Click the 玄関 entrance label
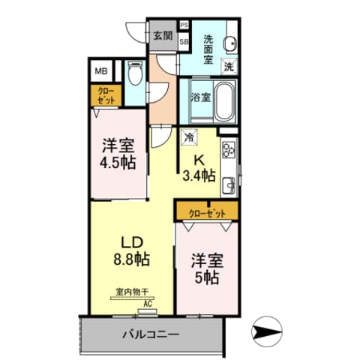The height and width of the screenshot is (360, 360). click(162, 35)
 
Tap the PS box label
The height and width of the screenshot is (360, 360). click(184, 25)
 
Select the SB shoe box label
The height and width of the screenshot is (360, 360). click(184, 42)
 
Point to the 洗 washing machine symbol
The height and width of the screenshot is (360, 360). click(229, 66)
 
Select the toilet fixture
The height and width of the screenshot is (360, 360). click(135, 74)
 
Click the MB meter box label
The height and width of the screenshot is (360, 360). click(100, 72)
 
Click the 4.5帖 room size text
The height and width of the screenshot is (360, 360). click(118, 162)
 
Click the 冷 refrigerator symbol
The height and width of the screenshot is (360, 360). click(190, 137)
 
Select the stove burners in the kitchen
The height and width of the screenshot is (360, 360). click(229, 148)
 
